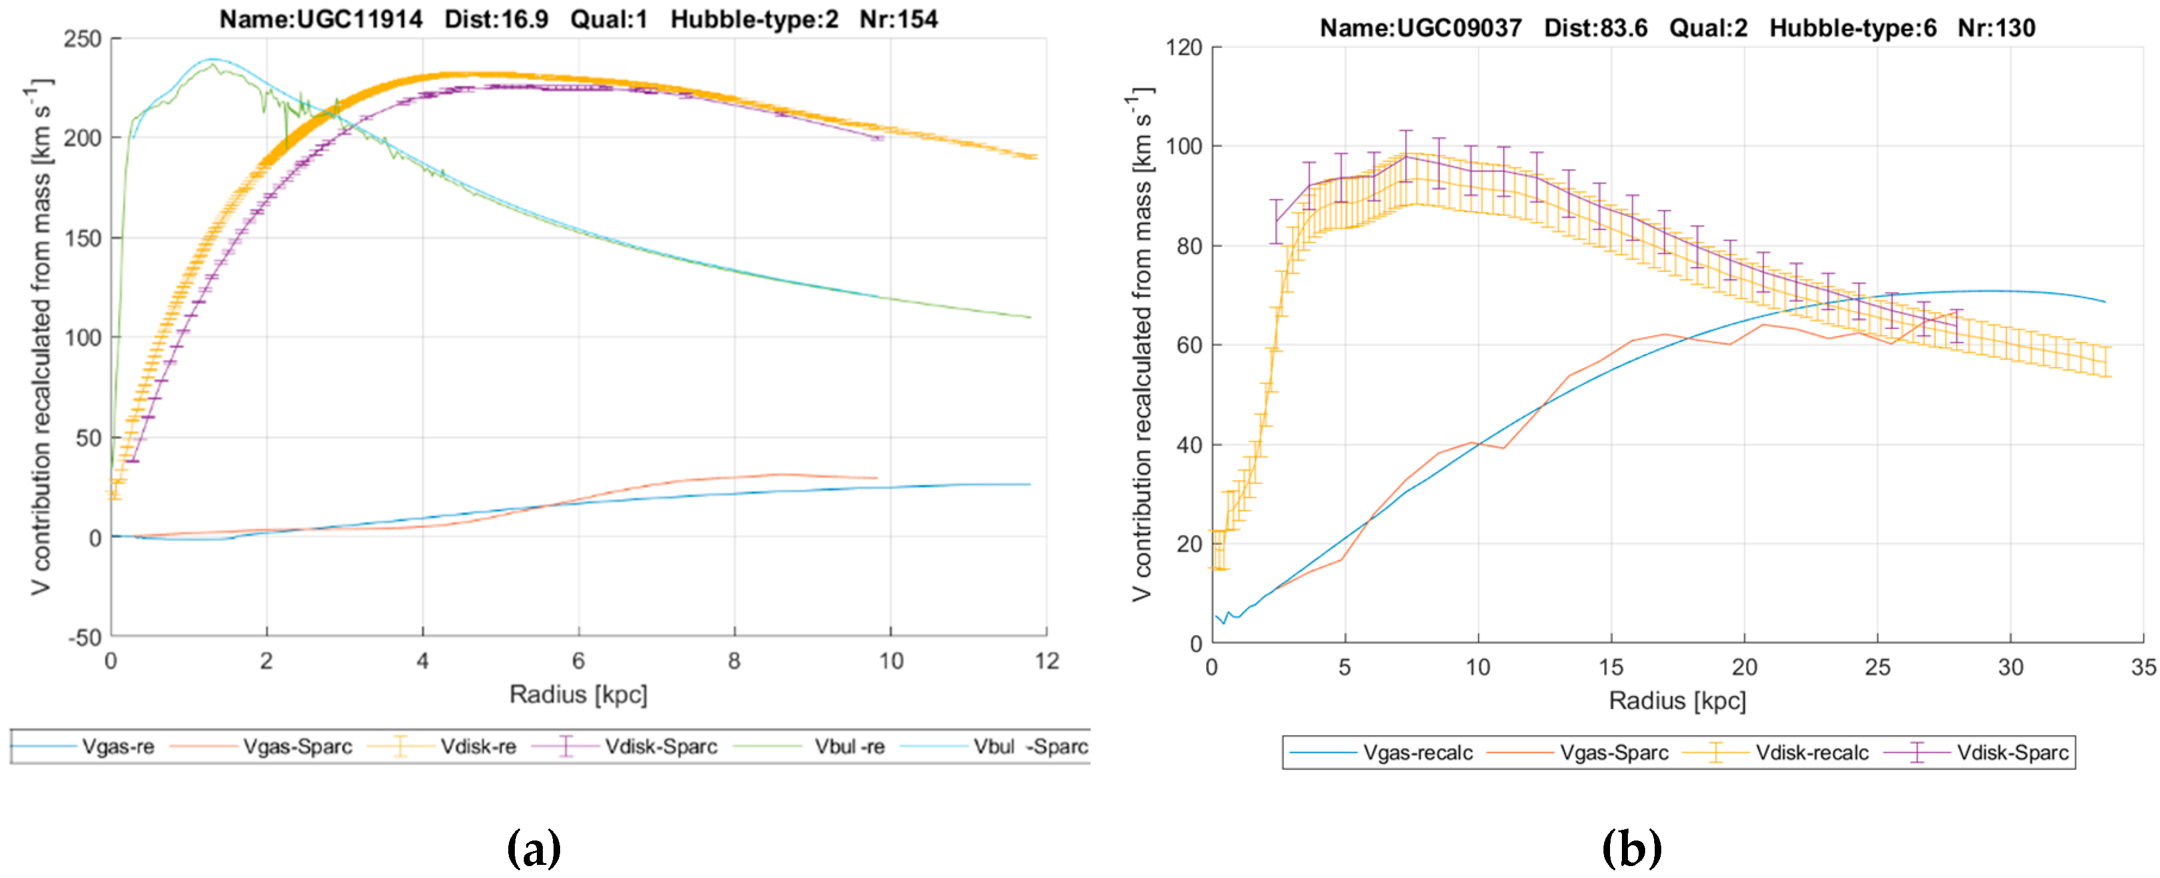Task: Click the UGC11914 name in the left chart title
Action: pyautogui.click(x=321, y=18)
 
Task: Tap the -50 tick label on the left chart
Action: pyautogui.click(x=84, y=637)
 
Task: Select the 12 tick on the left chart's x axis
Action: pyautogui.click(x=1046, y=661)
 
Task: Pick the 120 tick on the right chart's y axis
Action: pyautogui.click(x=1183, y=47)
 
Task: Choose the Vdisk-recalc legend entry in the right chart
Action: pyautogui.click(x=1811, y=752)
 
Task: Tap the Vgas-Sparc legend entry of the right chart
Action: pyautogui.click(x=1613, y=752)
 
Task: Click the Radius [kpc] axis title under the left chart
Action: pyautogui.click(x=578, y=695)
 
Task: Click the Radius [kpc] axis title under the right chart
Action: pyautogui.click(x=1677, y=700)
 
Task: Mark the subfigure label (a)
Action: pyautogui.click(x=534, y=849)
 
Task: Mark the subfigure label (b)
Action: pyautogui.click(x=1631, y=849)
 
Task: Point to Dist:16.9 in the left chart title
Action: pyautogui.click(x=496, y=18)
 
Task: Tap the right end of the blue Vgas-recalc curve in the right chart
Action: pyautogui.click(x=2105, y=302)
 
